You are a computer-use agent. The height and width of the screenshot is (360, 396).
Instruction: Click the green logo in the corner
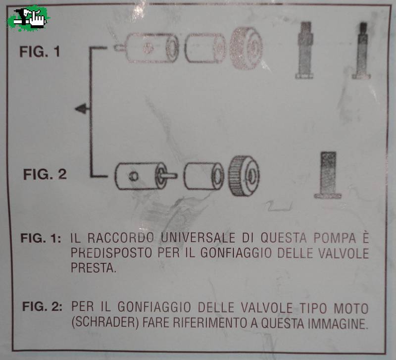pyautogui.click(x=28, y=18)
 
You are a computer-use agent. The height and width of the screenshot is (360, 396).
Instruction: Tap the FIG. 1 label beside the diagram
pyautogui.click(x=40, y=51)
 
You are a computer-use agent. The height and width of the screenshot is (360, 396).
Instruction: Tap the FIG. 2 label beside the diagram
pyautogui.click(x=45, y=174)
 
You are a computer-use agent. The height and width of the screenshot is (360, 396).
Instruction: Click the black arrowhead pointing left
pyautogui.click(x=81, y=109)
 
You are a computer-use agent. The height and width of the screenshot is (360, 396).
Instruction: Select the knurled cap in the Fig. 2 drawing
pyautogui.click(x=244, y=176)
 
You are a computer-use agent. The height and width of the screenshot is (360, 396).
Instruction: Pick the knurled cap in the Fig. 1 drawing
pyautogui.click(x=246, y=48)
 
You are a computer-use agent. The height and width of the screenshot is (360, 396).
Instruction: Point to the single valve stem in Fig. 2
pyautogui.click(x=328, y=175)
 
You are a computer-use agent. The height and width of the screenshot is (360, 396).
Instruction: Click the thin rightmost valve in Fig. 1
pyautogui.click(x=362, y=51)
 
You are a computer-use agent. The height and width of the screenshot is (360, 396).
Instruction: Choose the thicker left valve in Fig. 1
pyautogui.click(x=305, y=50)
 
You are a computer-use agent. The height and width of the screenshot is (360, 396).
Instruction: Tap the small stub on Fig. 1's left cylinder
pyautogui.click(x=120, y=48)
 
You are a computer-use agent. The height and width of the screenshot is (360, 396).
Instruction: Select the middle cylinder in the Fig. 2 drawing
pyautogui.click(x=204, y=176)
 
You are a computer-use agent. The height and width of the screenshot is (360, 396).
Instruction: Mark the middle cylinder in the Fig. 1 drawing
pyautogui.click(x=205, y=48)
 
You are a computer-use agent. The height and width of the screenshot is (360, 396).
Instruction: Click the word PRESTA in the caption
pyautogui.click(x=94, y=267)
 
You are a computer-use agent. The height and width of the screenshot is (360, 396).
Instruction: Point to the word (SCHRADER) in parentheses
pyautogui.click(x=105, y=323)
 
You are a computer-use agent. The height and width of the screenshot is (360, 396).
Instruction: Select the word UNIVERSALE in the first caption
pyautogui.click(x=198, y=238)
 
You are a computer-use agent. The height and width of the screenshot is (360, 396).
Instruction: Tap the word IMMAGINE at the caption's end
pyautogui.click(x=337, y=323)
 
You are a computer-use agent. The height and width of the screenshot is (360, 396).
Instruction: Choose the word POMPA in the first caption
pyautogui.click(x=335, y=238)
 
